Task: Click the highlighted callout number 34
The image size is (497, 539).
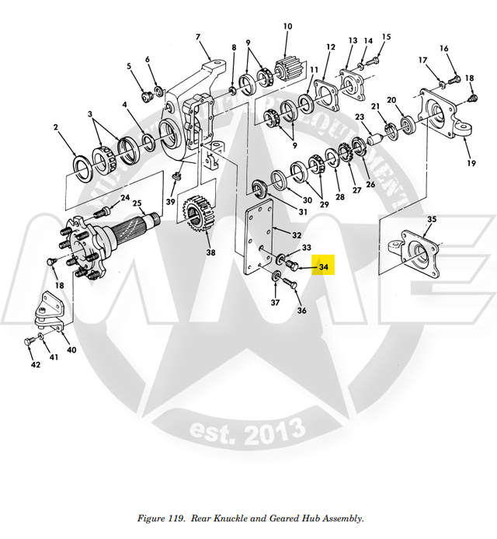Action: tap(324, 267)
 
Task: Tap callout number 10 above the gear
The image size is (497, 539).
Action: tap(288, 27)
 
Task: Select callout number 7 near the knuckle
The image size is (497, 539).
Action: tap(198, 37)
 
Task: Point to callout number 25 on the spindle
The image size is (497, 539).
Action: tap(137, 205)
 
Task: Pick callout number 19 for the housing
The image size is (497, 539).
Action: tap(471, 163)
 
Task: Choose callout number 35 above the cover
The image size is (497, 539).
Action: tap(432, 220)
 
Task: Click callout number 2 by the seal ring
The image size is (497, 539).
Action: tap(56, 127)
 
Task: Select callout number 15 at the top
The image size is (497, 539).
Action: tap(387, 37)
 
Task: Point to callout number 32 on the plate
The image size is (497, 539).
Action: tap(296, 235)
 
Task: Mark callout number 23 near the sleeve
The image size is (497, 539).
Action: tap(360, 117)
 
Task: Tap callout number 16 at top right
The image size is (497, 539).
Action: tap(444, 49)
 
